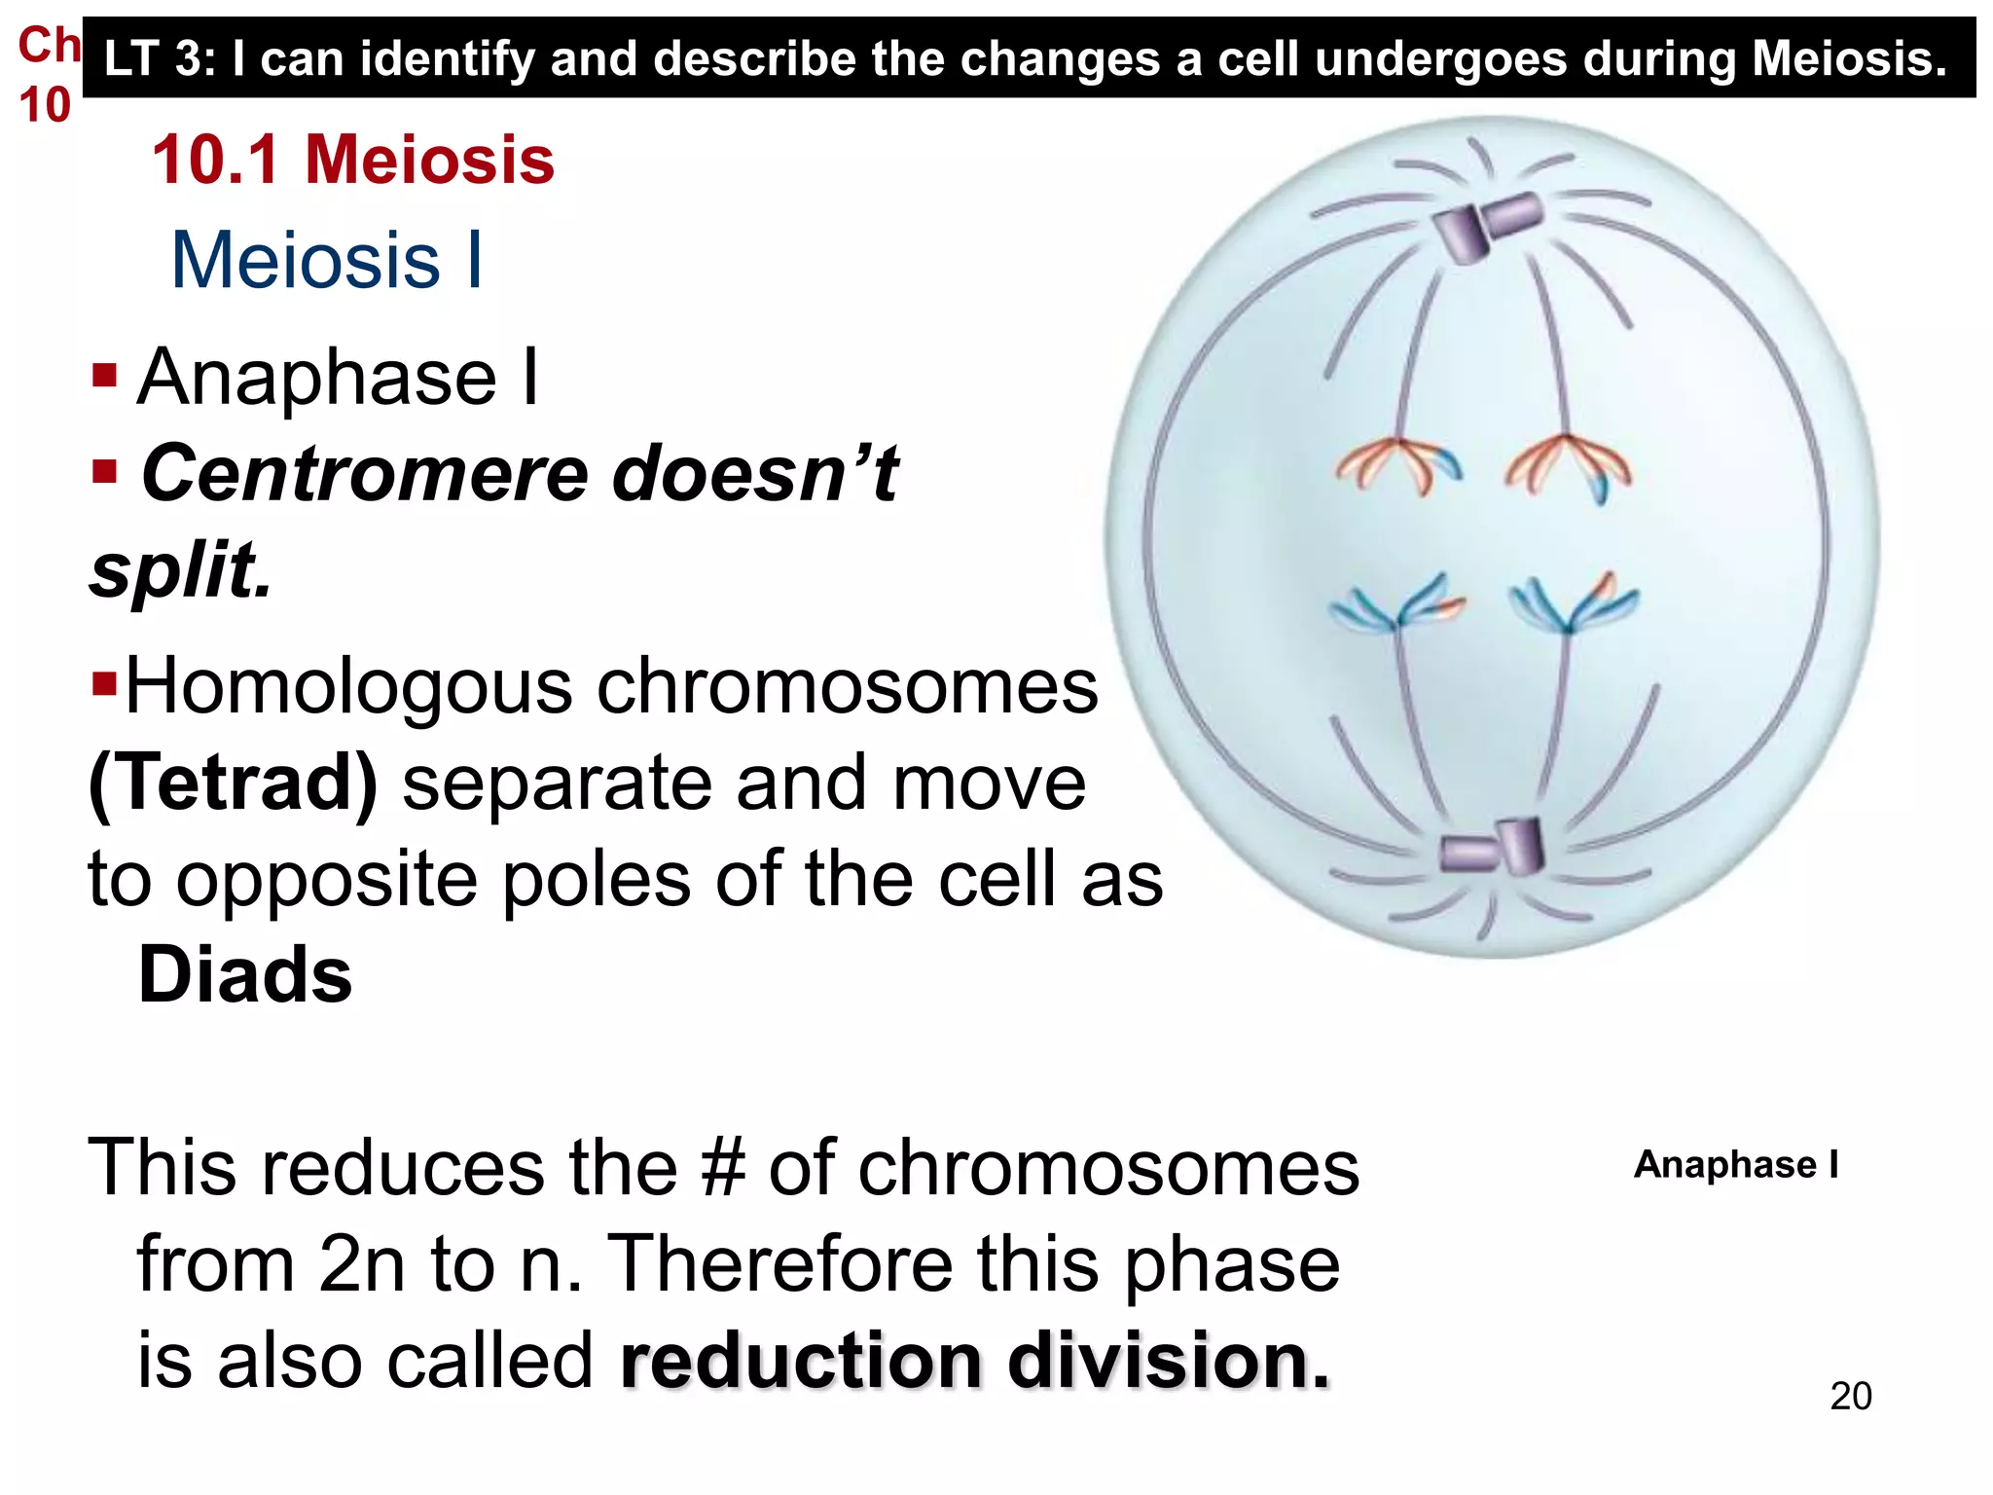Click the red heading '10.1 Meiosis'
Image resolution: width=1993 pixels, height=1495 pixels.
click(352, 160)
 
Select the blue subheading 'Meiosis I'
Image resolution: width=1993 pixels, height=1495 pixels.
click(327, 261)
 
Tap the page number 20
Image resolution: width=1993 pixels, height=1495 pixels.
click(1850, 1396)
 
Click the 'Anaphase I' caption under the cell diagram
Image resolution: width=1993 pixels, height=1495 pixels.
click(1735, 1164)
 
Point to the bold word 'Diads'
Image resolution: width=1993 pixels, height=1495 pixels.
click(245, 974)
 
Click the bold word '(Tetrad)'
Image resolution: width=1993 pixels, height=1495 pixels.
click(233, 783)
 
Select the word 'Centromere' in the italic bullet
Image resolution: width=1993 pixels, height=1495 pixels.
click(365, 474)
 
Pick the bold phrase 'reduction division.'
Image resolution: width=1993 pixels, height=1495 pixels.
click(974, 1360)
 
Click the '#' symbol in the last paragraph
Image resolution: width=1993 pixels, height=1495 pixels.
click(722, 1167)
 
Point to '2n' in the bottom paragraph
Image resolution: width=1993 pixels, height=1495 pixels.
click(361, 1263)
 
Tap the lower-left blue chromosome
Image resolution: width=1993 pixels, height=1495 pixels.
click(1397, 605)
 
